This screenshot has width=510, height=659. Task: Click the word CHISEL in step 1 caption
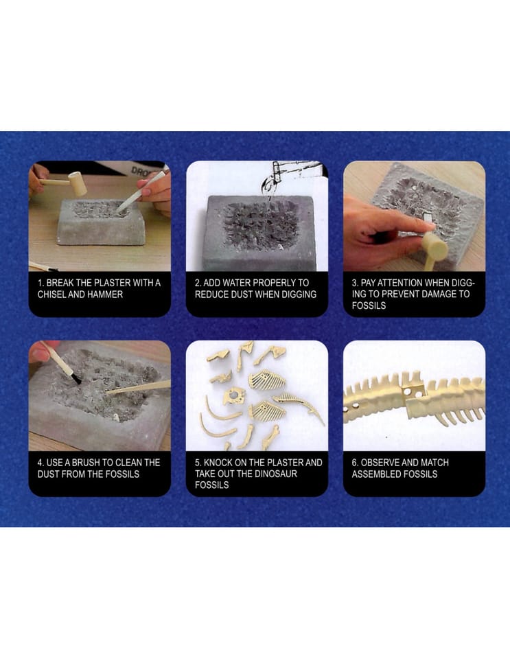[51, 294]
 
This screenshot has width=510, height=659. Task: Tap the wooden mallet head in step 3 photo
[436, 246]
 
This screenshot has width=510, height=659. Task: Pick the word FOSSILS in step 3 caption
[369, 305]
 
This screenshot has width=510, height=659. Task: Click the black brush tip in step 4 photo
[76, 378]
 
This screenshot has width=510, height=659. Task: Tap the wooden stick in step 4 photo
[138, 387]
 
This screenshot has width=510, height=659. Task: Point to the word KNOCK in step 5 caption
[218, 463]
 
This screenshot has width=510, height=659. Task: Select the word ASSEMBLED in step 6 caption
[373, 474]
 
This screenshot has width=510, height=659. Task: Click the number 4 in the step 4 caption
[40, 463]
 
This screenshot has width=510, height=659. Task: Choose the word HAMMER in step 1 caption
[105, 294]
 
